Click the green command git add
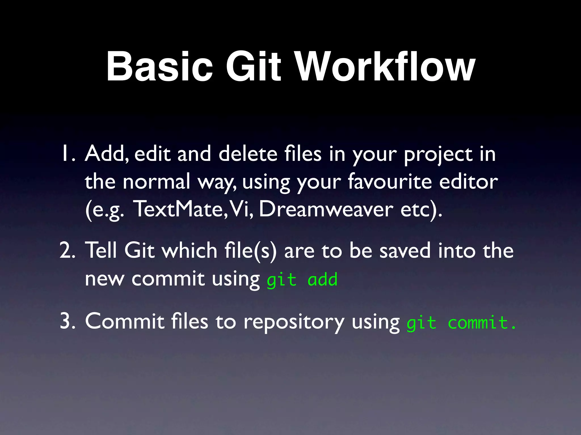click(302, 280)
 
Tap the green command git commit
click(461, 323)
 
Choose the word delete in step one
click(248, 154)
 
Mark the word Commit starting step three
click(125, 322)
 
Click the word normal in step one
click(156, 181)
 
